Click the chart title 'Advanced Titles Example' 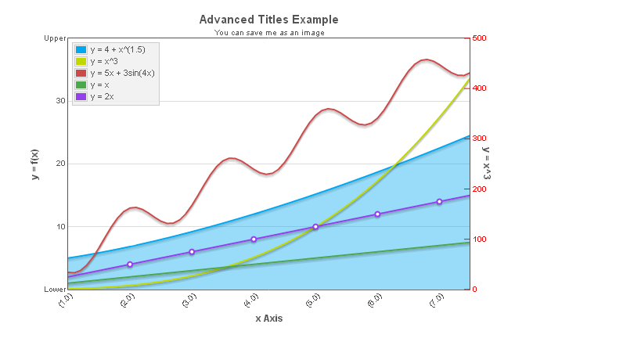268,19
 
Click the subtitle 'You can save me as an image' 268,33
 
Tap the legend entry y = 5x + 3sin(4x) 122,73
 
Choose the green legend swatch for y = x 80,85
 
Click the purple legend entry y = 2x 102,96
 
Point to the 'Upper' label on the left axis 55,38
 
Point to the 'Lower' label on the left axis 55,290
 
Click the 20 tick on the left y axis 59,164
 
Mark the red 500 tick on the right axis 480,38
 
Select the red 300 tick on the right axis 480,139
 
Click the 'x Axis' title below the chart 268,319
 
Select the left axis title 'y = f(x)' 35,164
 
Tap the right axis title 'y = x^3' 487,164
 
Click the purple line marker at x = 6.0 377,214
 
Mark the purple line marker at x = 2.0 130,265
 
